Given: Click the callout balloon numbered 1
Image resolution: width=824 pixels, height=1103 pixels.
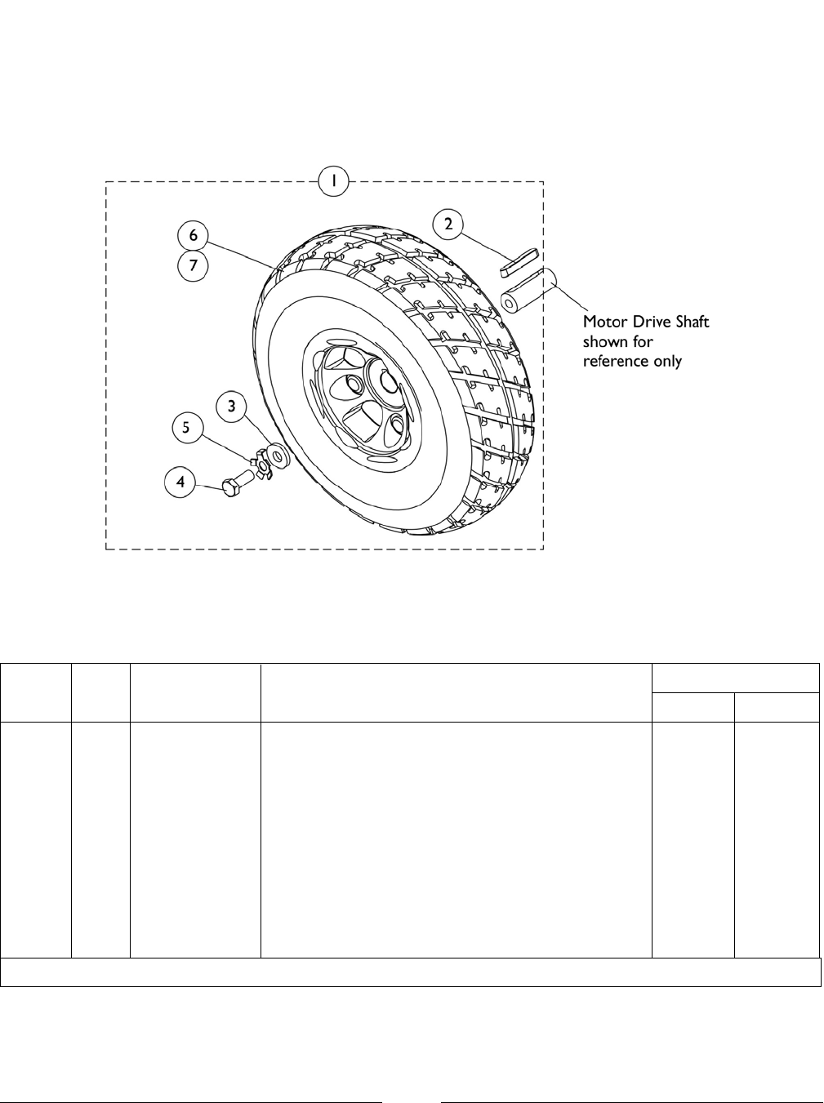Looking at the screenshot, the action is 333,181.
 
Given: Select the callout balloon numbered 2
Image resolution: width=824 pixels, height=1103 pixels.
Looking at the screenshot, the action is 448,224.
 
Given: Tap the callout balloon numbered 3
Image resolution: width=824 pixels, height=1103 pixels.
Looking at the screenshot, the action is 232,406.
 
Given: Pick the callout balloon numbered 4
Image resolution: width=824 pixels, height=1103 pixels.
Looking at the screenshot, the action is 180,482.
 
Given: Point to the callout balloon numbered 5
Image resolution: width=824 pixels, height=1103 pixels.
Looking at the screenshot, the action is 186,428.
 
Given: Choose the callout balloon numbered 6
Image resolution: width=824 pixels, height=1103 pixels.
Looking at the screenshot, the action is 194,235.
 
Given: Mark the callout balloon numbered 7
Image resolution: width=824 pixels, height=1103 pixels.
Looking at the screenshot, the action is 194,265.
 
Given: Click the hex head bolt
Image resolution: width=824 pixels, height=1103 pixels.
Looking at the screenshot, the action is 239,483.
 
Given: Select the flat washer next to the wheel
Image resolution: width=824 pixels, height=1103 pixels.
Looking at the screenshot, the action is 276,453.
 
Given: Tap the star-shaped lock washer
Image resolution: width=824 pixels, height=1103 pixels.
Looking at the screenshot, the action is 262,465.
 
